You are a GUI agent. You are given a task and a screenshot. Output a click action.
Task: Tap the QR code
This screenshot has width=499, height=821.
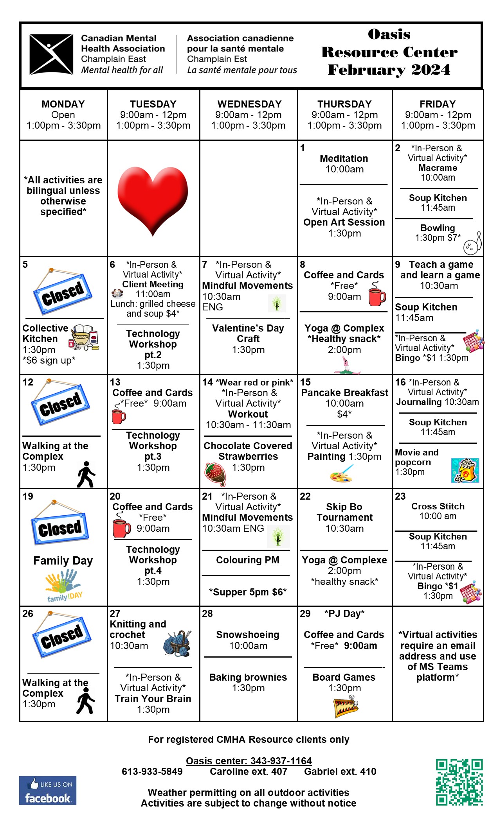pyautogui.click(x=459, y=782)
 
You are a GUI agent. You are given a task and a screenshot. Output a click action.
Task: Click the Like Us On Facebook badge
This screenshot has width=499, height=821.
pyautogui.click(x=48, y=791)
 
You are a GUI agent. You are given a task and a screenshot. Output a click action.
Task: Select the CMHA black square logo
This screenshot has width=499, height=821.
pyautogui.click(x=51, y=54)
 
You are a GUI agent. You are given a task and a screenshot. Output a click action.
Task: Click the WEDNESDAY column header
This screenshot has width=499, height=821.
pyautogui.click(x=249, y=104)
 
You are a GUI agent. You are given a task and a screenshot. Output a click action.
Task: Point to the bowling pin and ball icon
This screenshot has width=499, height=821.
pyautogui.click(x=473, y=244)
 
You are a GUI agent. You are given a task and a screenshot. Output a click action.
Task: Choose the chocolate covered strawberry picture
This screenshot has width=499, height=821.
pyautogui.click(x=215, y=473)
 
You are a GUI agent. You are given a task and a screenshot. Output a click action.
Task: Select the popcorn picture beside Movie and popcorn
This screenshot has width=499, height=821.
pyautogui.click(x=465, y=470)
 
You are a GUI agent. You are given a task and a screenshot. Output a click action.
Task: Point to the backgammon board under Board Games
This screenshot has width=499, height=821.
pyautogui.click(x=346, y=706)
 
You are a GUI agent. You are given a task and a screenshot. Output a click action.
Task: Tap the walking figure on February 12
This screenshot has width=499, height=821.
pyautogui.click(x=86, y=475)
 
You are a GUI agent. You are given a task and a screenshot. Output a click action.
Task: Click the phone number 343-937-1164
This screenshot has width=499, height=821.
pyautogui.click(x=281, y=761)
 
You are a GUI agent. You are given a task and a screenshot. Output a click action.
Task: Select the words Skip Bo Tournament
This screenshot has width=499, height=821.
pyautogui.click(x=344, y=512)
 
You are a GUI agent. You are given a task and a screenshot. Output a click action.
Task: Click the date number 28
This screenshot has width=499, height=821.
pyautogui.click(x=207, y=613)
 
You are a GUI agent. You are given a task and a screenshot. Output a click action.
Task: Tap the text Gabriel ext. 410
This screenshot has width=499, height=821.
pyautogui.click(x=340, y=771)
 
